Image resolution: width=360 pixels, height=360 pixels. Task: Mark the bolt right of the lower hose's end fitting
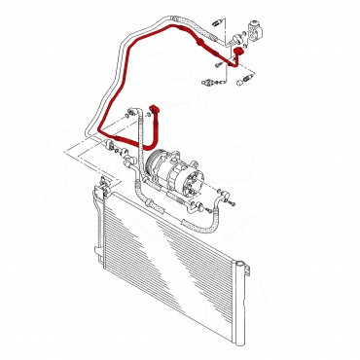tap(234, 201)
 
